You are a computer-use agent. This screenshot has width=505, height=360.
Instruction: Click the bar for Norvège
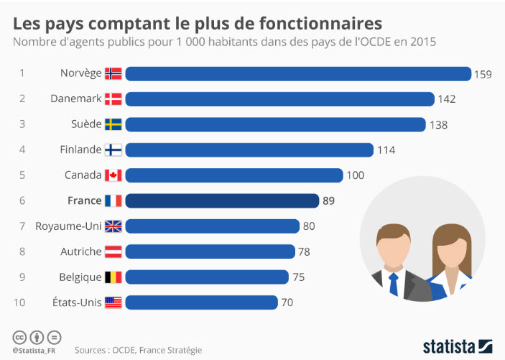pos(298,73)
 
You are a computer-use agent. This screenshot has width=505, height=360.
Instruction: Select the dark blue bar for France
pos(222,200)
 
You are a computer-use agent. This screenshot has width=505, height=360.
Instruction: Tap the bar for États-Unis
pos(201,303)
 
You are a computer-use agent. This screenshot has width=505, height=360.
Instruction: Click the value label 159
pos(482,74)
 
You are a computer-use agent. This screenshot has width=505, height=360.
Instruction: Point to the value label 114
pos(386,150)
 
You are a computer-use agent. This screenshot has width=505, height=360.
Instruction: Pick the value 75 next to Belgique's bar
pos(300,277)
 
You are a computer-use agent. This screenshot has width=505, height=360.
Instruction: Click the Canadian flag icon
pos(113,175)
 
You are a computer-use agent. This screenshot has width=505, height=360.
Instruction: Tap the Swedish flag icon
pos(113,124)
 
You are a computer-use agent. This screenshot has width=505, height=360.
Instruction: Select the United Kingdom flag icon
pos(113,226)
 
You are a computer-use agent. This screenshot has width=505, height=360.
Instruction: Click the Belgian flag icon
pos(113,277)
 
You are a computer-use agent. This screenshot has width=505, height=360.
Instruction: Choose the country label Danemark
pos(75,99)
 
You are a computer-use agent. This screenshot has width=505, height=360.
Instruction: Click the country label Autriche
pos(81,251)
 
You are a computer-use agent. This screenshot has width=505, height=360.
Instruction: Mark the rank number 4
pos(22,150)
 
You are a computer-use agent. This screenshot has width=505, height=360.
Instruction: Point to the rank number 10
pos(19,303)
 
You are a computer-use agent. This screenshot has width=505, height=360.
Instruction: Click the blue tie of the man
pos(393,283)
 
